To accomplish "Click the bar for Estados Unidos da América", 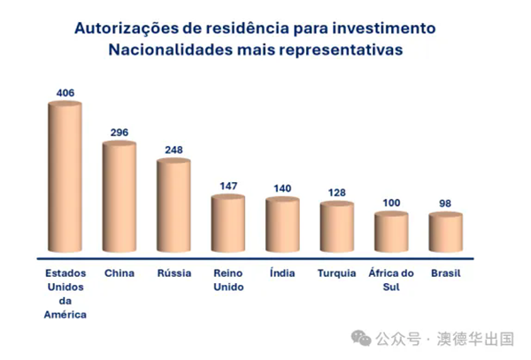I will (65, 177).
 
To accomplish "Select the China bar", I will (119, 196).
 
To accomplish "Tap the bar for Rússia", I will (173, 205).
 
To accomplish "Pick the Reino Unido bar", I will (228, 223).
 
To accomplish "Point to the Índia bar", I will (283, 225).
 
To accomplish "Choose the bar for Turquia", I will (337, 227).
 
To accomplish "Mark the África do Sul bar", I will (391, 232).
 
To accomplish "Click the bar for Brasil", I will (446, 233).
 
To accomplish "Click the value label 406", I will (65, 92).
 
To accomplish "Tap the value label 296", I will (119, 132).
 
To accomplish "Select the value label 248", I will (173, 149).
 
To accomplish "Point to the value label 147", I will (228, 186).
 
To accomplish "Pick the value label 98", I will (446, 203).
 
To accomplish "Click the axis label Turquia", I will (337, 272).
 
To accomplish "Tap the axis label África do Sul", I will (391, 280).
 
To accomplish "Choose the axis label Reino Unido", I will (228, 280).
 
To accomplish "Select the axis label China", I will (119, 272).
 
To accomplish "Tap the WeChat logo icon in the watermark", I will (361, 339).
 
